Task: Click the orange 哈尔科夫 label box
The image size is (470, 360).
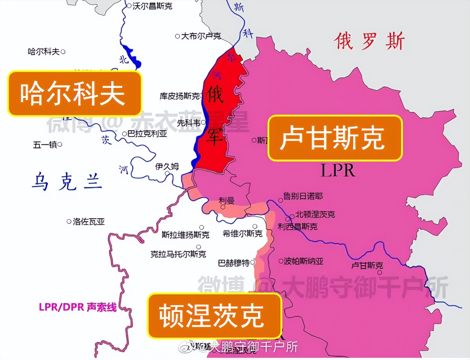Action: click(x=74, y=93)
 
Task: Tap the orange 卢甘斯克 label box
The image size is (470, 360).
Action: click(x=335, y=138)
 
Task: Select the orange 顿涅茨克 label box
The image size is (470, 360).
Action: click(x=214, y=316)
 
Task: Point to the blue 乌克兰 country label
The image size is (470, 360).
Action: click(x=67, y=182)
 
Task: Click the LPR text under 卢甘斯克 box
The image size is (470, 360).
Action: click(x=338, y=171)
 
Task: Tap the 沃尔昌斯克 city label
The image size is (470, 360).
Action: click(x=152, y=6)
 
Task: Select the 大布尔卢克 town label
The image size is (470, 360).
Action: click(x=201, y=36)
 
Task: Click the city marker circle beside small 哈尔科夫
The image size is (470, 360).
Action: click(x=63, y=52)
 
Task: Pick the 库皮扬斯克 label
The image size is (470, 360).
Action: click(x=180, y=96)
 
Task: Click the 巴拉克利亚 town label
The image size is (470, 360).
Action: click(x=147, y=134)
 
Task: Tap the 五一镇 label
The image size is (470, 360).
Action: click(x=45, y=145)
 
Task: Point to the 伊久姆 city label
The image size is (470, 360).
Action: click(x=167, y=166)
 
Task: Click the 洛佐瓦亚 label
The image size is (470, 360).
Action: click(x=89, y=222)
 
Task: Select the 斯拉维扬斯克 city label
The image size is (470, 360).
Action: click(x=185, y=234)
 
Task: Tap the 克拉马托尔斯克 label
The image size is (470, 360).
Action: click(x=178, y=254)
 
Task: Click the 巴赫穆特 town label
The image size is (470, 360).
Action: click(x=234, y=263)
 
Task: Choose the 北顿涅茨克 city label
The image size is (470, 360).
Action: click(x=315, y=214)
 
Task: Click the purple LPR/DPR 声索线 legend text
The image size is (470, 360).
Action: click(x=78, y=307)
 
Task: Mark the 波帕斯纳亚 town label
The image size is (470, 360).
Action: click(x=303, y=261)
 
